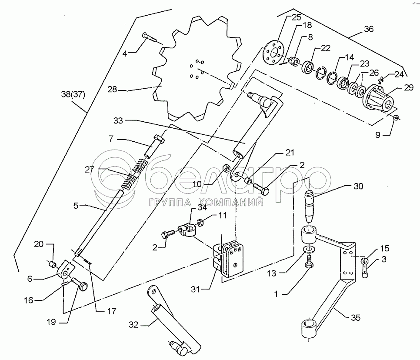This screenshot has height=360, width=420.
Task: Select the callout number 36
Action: (x=368, y=30)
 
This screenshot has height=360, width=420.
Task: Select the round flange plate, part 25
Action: (x=273, y=52)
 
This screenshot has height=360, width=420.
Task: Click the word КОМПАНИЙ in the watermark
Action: (x=231, y=202)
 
